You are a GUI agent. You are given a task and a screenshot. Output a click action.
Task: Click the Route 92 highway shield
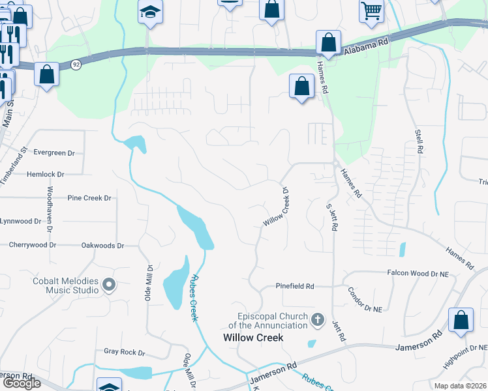coord(76,65)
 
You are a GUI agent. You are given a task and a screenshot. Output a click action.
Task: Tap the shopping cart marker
coord(371,11)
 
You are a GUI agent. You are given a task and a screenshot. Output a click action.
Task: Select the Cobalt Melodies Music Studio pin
coord(109,284)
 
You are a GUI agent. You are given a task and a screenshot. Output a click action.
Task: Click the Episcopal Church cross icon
coord(317,319)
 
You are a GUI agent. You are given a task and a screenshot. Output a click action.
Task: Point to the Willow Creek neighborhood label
coord(253,338)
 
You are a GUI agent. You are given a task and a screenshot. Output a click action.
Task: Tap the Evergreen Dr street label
coord(54,152)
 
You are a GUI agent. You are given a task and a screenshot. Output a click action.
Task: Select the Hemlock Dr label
coord(46,175)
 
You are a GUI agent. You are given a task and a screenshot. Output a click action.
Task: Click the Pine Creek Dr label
coord(89,197)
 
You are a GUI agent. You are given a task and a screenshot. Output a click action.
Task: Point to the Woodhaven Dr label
coord(50,209)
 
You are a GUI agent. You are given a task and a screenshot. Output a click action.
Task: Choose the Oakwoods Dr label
coord(102,246)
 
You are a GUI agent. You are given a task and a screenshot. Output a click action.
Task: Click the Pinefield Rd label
coord(295,286)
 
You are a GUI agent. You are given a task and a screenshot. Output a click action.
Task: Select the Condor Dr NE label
coord(365,300)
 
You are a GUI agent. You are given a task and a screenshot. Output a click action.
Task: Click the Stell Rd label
coord(418,141)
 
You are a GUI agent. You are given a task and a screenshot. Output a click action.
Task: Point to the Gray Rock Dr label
coord(124,352)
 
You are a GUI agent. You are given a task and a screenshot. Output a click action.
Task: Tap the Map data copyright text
coord(460,386)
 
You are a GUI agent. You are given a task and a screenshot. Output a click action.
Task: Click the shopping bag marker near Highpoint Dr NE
coord(461,321)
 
